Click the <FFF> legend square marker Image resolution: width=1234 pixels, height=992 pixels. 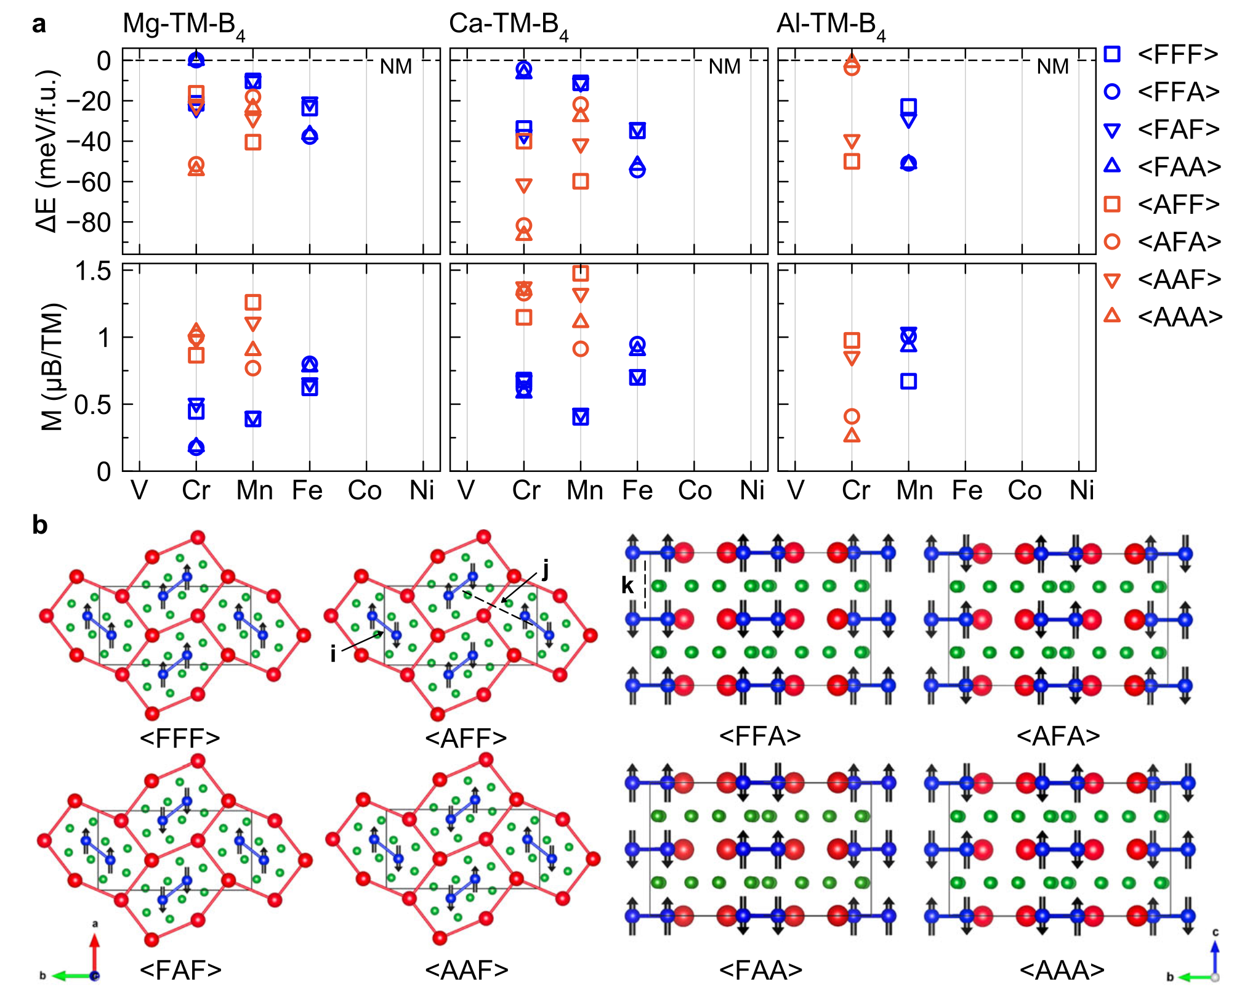[x=1111, y=54]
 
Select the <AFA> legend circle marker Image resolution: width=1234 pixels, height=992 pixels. [x=1111, y=242]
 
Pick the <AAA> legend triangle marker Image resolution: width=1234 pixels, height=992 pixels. [x=1111, y=315]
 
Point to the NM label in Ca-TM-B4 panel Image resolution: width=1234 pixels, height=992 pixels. [x=724, y=67]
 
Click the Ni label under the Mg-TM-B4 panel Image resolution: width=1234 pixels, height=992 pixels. [x=422, y=491]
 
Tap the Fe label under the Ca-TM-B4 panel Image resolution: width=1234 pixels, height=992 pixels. [x=637, y=491]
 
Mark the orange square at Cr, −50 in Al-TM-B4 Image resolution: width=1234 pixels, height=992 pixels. [x=852, y=161]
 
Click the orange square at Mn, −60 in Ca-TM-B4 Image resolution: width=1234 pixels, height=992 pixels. [x=581, y=181]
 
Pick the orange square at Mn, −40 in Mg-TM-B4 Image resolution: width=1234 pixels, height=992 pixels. [x=253, y=142]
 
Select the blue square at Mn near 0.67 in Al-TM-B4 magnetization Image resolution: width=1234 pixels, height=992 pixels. [x=908, y=381]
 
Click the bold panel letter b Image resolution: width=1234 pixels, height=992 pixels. [x=40, y=526]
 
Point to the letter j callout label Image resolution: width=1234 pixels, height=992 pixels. [x=545, y=570]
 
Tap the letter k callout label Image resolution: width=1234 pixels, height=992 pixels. [x=627, y=585]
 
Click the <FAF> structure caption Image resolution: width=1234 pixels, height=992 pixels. [x=180, y=970]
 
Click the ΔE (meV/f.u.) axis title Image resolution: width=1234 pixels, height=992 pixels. [x=48, y=151]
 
